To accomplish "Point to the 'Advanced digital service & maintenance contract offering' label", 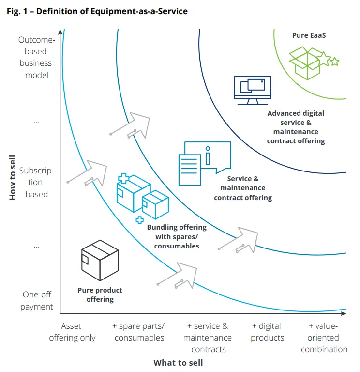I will click(296, 127).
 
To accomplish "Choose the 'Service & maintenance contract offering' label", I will click(243, 188).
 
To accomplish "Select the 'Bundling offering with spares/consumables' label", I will click(177, 236).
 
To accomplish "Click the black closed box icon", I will click(100, 260).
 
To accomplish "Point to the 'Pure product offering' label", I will click(100, 294).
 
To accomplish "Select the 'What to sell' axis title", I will click(178, 362).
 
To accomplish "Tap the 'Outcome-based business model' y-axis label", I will click(35, 58).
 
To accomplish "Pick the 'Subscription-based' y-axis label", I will click(37, 182).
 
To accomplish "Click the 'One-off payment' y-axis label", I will click(37, 300).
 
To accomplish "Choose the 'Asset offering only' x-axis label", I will click(73, 332).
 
